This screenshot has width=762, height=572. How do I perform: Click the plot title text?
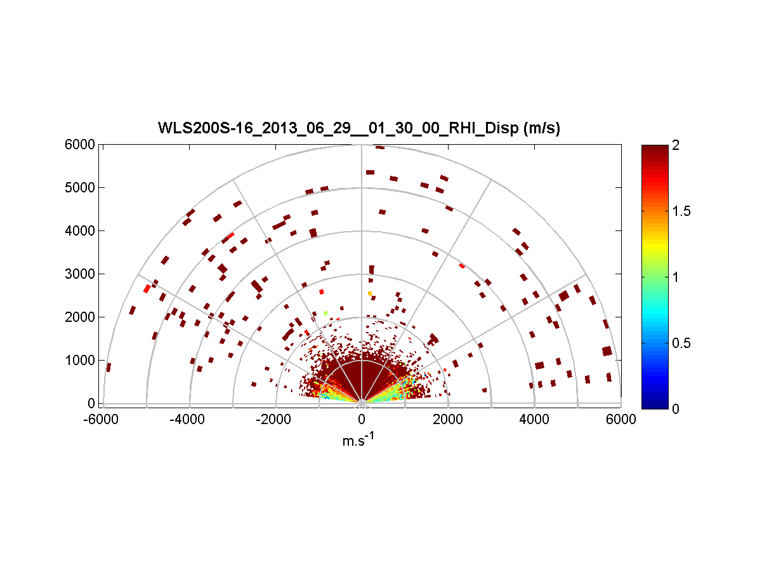click(359, 129)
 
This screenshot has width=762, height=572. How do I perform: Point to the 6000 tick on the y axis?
click(80, 145)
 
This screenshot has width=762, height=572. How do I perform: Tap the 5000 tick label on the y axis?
click(80, 188)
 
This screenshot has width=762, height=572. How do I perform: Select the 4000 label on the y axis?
click(80, 231)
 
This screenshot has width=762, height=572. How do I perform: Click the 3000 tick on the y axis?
click(80, 274)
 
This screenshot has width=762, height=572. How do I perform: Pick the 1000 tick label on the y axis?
click(80, 361)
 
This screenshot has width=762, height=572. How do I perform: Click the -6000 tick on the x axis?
click(103, 420)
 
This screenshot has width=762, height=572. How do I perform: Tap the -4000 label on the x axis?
click(189, 420)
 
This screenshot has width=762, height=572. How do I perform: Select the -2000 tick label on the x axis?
click(275, 420)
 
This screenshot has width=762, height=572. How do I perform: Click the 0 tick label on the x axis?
click(362, 420)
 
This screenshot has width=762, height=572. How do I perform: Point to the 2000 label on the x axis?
click(448, 420)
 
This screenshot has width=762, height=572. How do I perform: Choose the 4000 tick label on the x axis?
click(534, 420)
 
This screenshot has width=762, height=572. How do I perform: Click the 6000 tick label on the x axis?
click(621, 420)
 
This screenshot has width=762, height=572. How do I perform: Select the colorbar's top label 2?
click(676, 145)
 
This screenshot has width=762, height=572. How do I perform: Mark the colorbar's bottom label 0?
click(676, 409)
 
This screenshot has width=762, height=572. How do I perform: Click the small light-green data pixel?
click(325, 313)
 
